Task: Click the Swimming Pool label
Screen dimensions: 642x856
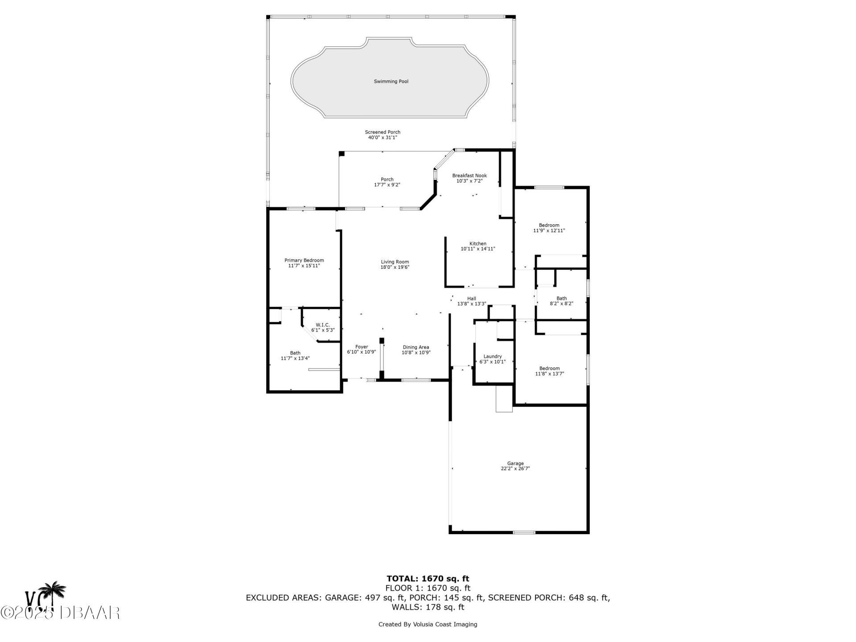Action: coord(391,82)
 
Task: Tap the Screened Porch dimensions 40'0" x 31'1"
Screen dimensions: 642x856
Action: coord(383,138)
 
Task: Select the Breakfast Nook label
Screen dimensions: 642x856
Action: coord(469,176)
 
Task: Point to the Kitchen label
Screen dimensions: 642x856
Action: coord(478,244)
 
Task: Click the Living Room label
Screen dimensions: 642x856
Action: coord(395,262)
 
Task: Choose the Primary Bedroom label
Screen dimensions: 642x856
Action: coord(304,260)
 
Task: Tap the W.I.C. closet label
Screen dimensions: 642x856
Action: coord(323,325)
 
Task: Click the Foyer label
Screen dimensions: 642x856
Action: coord(362,347)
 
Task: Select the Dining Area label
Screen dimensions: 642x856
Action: coord(416,347)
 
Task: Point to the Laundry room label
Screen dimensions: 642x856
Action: coord(493,357)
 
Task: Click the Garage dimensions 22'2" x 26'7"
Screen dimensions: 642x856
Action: coord(515,469)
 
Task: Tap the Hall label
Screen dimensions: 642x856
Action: coord(472,299)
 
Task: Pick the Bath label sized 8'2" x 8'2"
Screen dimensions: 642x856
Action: coord(562,299)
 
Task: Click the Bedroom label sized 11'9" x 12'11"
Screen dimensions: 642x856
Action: coord(549,226)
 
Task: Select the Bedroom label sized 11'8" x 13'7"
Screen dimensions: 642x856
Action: coord(549,369)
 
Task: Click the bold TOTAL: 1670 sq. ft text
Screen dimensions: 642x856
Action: coord(428,579)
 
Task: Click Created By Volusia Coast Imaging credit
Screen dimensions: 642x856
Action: coord(428,624)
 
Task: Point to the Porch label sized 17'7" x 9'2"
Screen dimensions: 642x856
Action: coord(387,180)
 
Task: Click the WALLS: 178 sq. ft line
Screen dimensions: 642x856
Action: coord(428,607)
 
